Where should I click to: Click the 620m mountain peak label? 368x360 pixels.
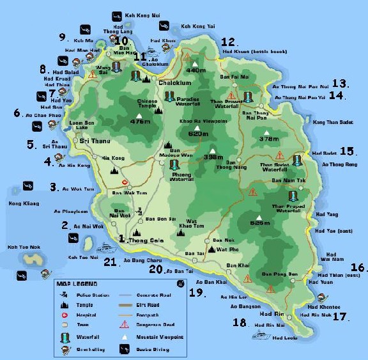point(199,134)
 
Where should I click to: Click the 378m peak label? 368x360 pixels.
point(270,138)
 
